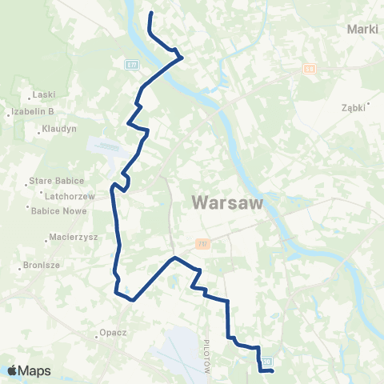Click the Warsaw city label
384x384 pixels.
(228, 204)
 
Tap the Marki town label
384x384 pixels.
(362, 30)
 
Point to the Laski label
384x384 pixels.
(43, 94)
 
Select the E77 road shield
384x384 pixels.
(132, 63)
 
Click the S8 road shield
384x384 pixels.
(310, 70)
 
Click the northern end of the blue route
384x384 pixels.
(151, 14)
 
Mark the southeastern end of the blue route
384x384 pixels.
(273, 370)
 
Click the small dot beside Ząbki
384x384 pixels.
(368, 102)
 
